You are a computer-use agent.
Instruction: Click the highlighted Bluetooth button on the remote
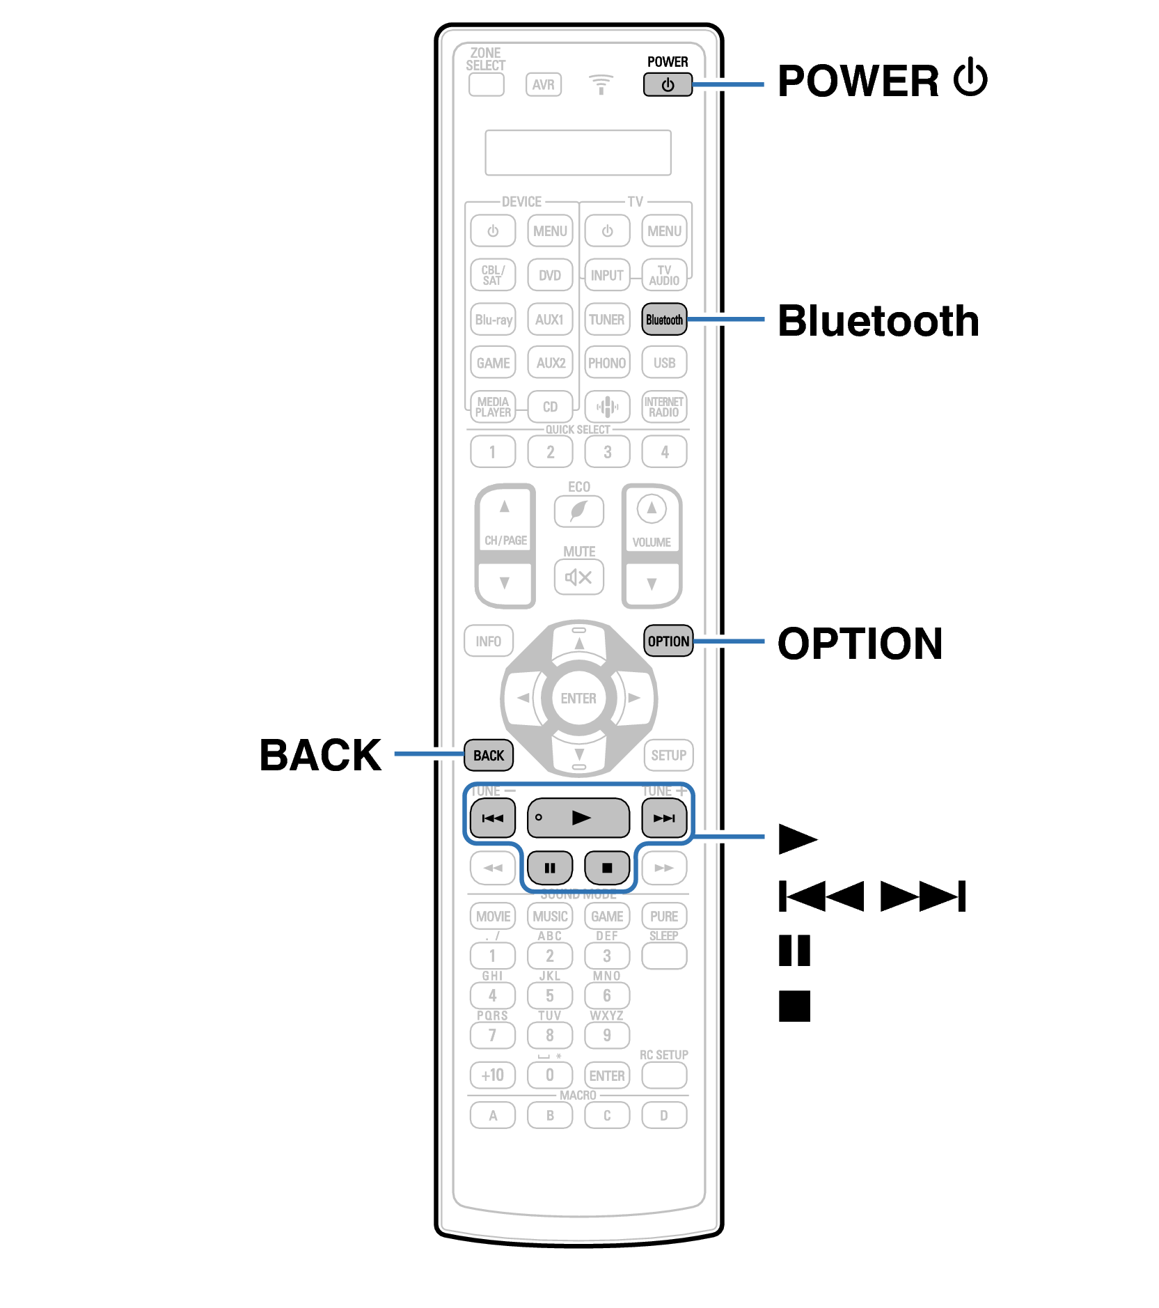pos(663,320)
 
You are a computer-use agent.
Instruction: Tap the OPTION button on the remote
pos(668,641)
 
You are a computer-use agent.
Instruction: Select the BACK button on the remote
pos(489,755)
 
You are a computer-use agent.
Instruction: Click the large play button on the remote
pos(578,818)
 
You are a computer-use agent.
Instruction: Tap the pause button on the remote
pos(550,868)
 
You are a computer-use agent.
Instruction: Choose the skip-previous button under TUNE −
pos(493,818)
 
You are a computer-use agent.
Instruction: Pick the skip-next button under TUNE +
pos(664,818)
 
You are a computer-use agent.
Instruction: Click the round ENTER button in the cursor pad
pos(578,698)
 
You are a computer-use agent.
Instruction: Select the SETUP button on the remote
pos(668,755)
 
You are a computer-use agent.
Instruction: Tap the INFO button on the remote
pos(488,641)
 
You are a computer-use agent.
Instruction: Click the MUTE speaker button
pos(578,577)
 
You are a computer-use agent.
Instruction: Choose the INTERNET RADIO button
pos(664,407)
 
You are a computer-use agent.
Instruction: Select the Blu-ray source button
pos(493,320)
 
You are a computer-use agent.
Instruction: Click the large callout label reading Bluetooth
pos(878,321)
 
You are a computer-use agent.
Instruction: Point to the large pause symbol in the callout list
pos(794,951)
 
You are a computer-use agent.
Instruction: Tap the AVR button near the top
pos(543,85)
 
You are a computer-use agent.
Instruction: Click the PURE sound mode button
pos(664,916)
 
